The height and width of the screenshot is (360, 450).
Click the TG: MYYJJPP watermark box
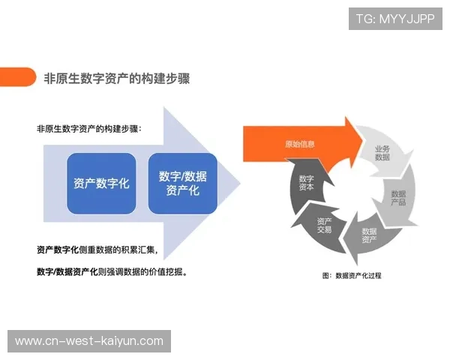point(395,19)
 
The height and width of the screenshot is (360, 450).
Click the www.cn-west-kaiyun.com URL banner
point(89,341)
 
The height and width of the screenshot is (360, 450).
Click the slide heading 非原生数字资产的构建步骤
point(117,78)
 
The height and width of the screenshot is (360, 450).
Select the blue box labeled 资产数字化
point(101,183)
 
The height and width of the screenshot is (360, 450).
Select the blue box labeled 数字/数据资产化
point(183,183)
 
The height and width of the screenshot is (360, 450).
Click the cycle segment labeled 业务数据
point(382,153)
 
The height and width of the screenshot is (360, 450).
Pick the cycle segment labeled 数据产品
point(398,198)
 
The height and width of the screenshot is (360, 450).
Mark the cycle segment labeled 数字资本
point(306,183)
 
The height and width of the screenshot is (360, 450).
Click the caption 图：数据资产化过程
point(352,275)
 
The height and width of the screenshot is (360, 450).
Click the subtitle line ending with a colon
point(88,128)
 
